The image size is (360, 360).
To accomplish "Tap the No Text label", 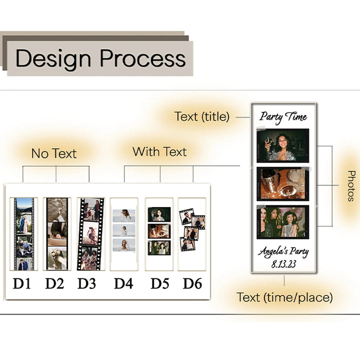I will pyautogui.click(x=53, y=153).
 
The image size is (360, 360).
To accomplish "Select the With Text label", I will pyautogui.click(x=159, y=151).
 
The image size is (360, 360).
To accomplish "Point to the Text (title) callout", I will pyautogui.click(x=202, y=117).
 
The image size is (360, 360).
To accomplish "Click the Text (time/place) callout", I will pyautogui.click(x=284, y=297).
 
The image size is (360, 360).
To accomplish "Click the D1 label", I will pyautogui.click(x=22, y=284).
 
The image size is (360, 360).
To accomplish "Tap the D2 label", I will pyautogui.click(x=54, y=284).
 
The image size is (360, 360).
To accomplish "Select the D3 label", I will pyautogui.click(x=87, y=284).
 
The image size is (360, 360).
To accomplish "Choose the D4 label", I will pyautogui.click(x=123, y=284).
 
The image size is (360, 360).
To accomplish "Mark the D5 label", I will pyautogui.click(x=159, y=284).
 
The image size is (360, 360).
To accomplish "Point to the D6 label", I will pyautogui.click(x=192, y=284).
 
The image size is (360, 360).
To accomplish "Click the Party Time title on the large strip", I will pyautogui.click(x=283, y=117).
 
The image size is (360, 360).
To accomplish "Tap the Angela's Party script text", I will pyautogui.click(x=283, y=251).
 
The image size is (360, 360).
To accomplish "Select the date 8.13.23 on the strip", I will pyautogui.click(x=283, y=263).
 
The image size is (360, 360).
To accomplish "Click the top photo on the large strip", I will pyautogui.click(x=283, y=145).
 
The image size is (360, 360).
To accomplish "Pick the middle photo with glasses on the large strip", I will pyautogui.click(x=283, y=183).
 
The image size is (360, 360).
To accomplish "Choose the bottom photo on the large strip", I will pyautogui.click(x=283, y=222).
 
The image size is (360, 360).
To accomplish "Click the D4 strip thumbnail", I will pyautogui.click(x=123, y=233).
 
